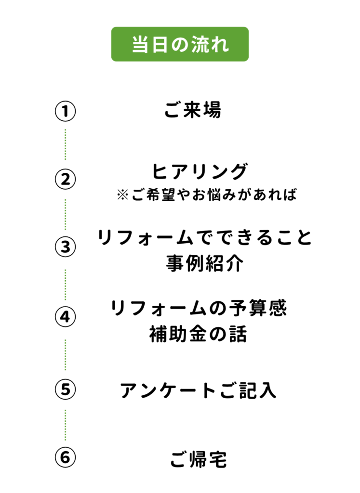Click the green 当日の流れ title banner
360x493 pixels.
point(180,44)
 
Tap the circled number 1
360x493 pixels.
point(66,111)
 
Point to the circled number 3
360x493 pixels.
point(66,247)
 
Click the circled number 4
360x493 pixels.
point(66,317)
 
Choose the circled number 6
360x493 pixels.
point(66,457)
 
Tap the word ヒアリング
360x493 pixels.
point(200,171)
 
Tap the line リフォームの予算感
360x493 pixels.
point(199,309)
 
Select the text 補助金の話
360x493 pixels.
point(199,334)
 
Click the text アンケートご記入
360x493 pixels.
point(198,390)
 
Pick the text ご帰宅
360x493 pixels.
point(199,460)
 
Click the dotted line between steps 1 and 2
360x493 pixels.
point(66,144)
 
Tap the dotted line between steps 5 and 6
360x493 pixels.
point(66,424)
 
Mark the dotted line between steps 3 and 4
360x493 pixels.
point(66,283)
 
